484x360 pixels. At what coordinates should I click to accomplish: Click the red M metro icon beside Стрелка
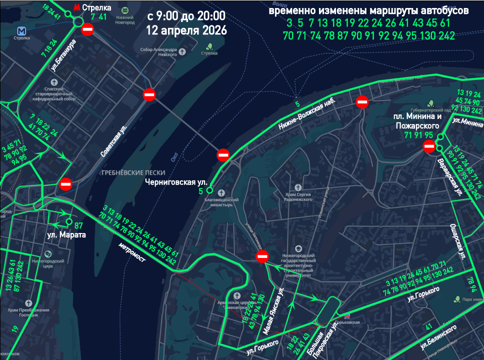76,8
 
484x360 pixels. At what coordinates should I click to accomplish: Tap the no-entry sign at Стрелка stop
87,30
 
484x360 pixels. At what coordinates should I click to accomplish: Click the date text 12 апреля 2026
186,29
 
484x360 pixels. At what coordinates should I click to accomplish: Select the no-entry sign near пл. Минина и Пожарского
429,146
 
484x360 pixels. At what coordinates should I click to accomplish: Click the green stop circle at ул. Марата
69,221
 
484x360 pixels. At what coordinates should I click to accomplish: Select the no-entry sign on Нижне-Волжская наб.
362,102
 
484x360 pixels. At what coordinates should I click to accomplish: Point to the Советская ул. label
113,142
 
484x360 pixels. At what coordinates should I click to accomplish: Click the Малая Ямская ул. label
273,310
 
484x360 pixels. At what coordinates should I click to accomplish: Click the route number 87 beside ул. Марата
79,225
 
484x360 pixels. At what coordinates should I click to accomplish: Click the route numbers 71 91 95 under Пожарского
418,135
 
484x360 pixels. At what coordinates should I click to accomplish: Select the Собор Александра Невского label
158,52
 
